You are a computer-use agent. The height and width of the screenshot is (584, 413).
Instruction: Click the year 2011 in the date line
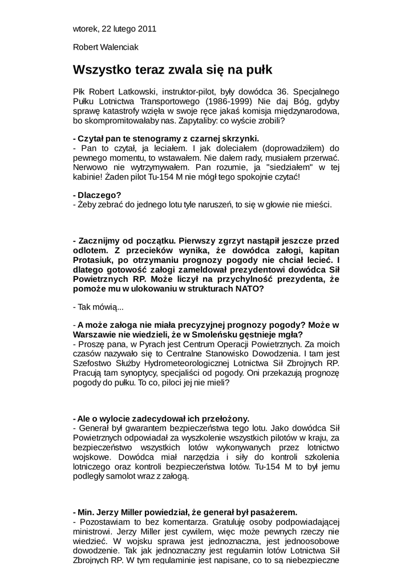coord(147,29)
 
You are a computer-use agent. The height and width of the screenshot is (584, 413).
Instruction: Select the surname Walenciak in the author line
coord(118,47)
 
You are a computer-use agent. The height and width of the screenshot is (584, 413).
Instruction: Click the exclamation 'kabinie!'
coord(89,177)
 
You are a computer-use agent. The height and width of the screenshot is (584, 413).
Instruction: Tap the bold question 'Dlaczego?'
coord(95,194)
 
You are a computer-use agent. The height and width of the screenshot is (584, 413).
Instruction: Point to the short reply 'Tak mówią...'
coord(95,307)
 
